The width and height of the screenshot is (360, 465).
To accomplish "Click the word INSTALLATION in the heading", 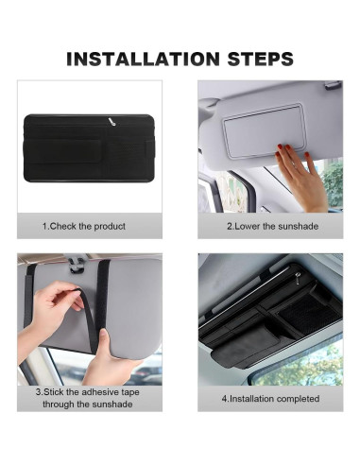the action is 143,59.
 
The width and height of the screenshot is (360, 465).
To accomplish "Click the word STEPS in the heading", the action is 261,59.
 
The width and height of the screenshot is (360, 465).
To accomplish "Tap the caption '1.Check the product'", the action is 84,226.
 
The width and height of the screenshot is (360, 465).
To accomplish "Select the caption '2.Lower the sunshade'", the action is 273,226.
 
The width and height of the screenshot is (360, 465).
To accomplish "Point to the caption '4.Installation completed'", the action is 270,399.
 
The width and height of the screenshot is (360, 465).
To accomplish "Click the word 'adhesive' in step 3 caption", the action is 99,392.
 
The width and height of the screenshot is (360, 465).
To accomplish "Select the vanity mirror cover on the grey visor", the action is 263,130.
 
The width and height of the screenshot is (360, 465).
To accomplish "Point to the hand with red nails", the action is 300,173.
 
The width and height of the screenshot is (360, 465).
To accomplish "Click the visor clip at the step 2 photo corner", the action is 333,85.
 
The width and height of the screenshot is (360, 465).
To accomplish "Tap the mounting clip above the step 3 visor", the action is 76,264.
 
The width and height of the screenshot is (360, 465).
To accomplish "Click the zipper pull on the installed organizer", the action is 298,278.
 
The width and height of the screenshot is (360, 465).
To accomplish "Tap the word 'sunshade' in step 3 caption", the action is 113,405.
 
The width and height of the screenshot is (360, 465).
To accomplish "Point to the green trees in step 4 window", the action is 302,367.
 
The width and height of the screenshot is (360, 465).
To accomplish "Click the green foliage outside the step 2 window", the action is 334,182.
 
